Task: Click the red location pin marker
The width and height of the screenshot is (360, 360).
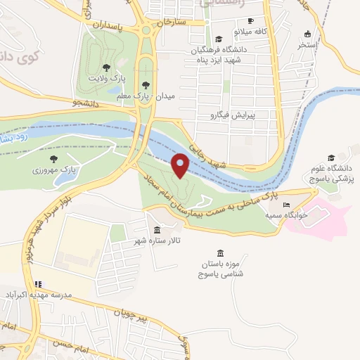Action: click(181, 165)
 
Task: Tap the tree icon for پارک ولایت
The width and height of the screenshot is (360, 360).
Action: click(106, 67)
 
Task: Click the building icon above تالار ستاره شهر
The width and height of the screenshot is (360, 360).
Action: click(155, 231)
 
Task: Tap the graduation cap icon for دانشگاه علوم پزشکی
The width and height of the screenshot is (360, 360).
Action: click(331, 158)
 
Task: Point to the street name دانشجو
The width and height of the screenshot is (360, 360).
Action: click(65, 103)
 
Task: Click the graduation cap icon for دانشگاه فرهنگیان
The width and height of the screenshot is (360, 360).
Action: click(219, 39)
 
